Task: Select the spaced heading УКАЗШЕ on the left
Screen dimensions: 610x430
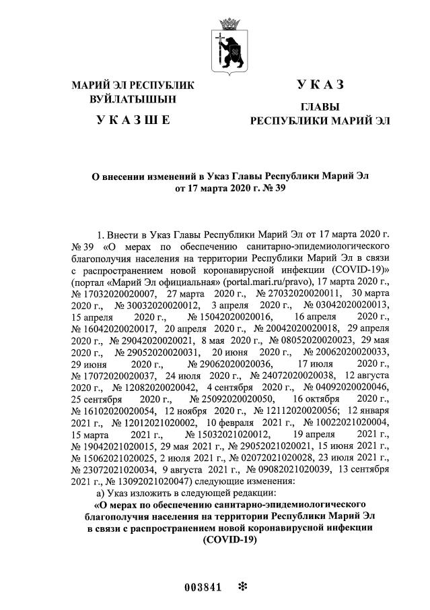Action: tap(133, 121)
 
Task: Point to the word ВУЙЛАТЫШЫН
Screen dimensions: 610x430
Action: tap(133, 98)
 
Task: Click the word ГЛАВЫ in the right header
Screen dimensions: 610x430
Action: tap(320, 107)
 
